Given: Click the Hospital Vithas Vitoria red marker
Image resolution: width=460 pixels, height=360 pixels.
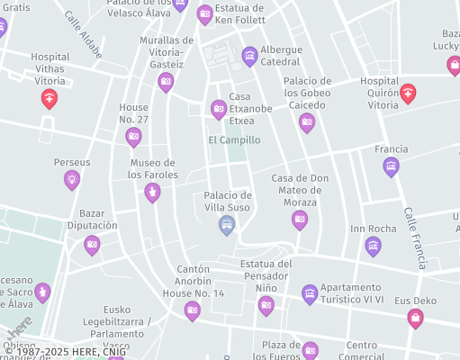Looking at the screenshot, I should [x=50, y=98].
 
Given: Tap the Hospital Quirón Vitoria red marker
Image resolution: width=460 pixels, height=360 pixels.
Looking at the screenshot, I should [x=408, y=93].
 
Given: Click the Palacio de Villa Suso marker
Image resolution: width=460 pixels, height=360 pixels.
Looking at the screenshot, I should [x=227, y=224].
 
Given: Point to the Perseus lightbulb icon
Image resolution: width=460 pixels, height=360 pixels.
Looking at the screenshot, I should [x=72, y=179].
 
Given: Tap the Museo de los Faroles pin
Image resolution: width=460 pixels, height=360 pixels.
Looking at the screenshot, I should [x=153, y=192].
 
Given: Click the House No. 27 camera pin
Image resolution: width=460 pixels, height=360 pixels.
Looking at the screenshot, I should [x=133, y=137].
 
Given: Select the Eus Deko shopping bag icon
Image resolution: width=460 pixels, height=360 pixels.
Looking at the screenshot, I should [x=415, y=317].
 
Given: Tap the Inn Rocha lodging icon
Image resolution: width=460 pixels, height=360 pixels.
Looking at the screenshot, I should [x=373, y=246].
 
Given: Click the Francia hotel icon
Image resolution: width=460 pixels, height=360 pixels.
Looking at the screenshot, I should [x=391, y=166].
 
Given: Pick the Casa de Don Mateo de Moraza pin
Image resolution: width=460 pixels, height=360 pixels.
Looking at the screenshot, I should [x=300, y=220].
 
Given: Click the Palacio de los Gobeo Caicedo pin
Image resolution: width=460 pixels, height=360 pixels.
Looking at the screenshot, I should [x=307, y=122].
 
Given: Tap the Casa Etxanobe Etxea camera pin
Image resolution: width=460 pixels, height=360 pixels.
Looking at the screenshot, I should [x=218, y=109].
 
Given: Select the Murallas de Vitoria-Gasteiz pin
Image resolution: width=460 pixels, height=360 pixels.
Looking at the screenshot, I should [x=166, y=82].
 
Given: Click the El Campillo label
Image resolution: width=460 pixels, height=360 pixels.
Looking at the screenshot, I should [x=234, y=140].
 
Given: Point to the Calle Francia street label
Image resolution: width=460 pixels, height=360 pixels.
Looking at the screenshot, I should [x=415, y=238].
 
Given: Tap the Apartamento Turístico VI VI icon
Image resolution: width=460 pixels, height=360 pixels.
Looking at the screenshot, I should [x=310, y=293].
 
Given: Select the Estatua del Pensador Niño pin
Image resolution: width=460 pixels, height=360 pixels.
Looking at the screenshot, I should [x=266, y=305].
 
